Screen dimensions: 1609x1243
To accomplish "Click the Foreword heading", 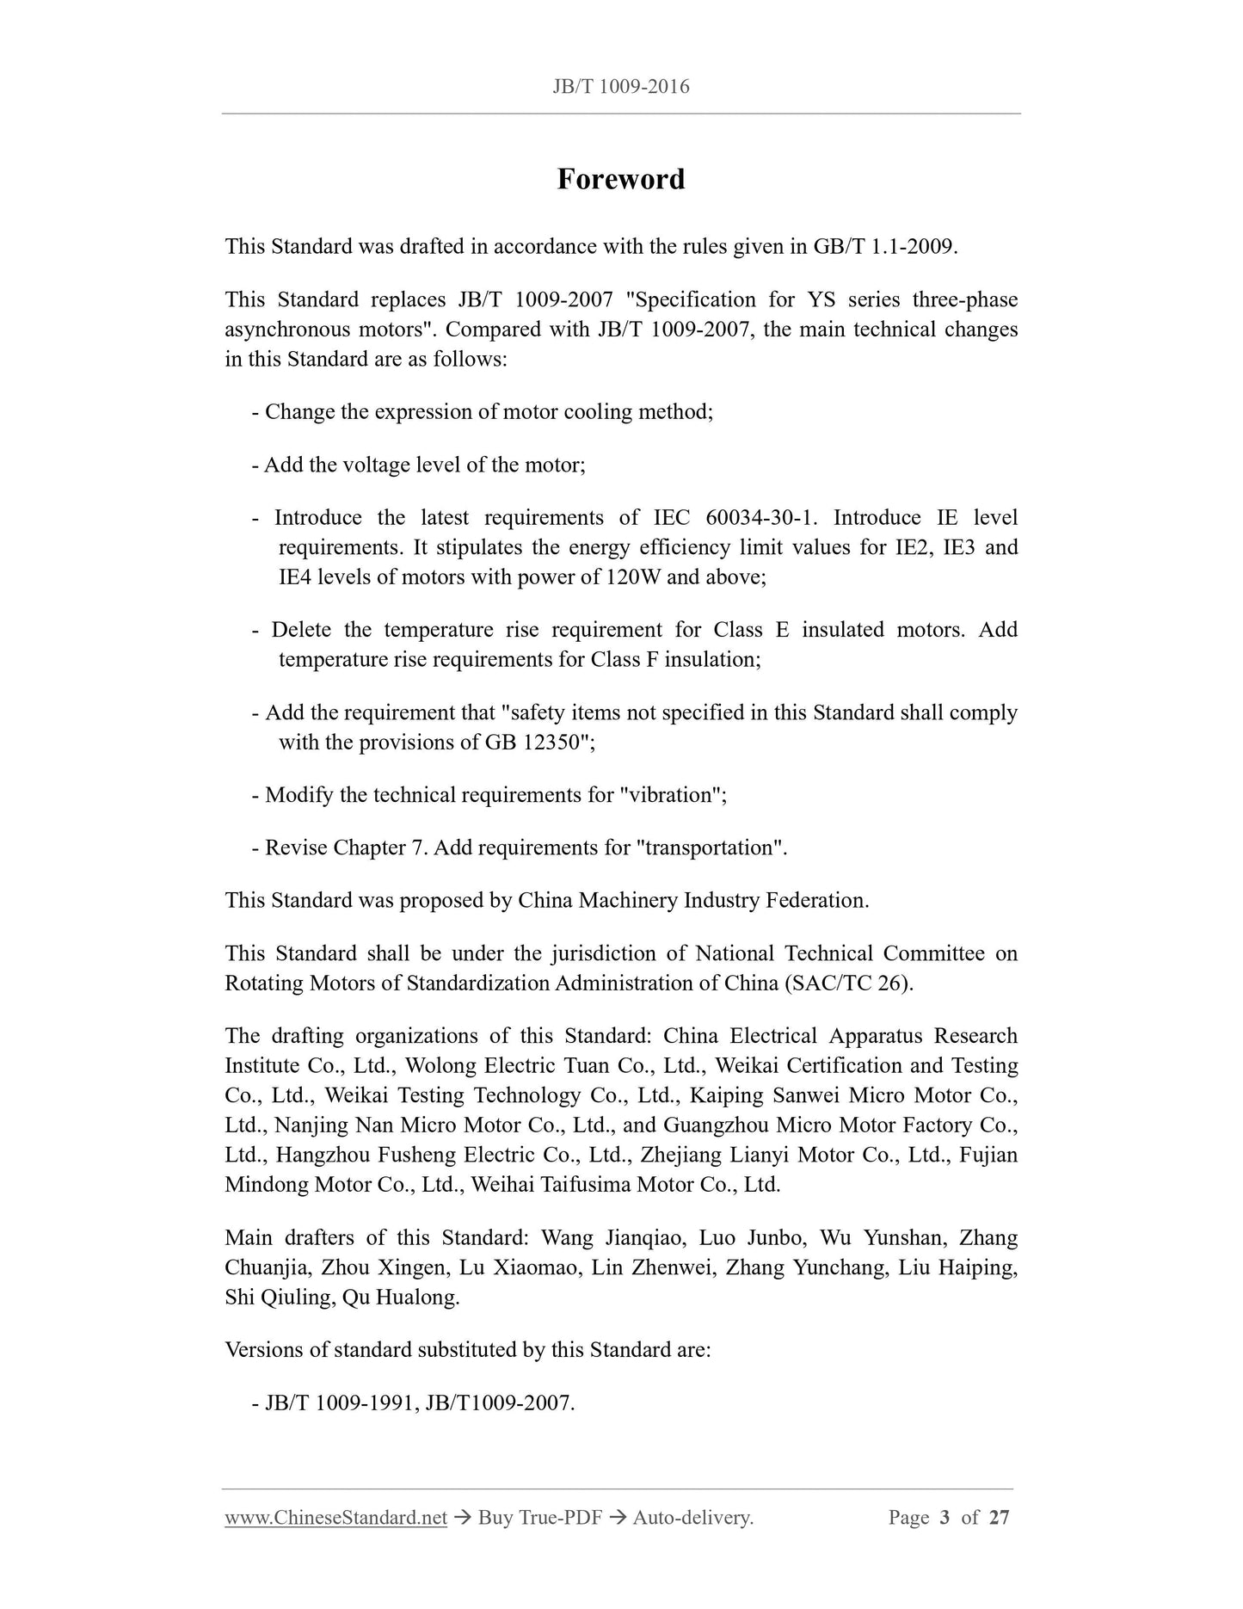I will click(620, 179).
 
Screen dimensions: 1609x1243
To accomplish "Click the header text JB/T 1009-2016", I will click(620, 87).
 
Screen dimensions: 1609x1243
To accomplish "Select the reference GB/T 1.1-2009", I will click(883, 247).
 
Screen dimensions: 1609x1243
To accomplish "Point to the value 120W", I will click(633, 577).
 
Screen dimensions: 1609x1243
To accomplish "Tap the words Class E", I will click(751, 630).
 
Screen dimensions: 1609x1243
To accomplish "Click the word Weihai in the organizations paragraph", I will click(502, 1185).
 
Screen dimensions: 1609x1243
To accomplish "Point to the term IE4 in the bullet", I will click(294, 577).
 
